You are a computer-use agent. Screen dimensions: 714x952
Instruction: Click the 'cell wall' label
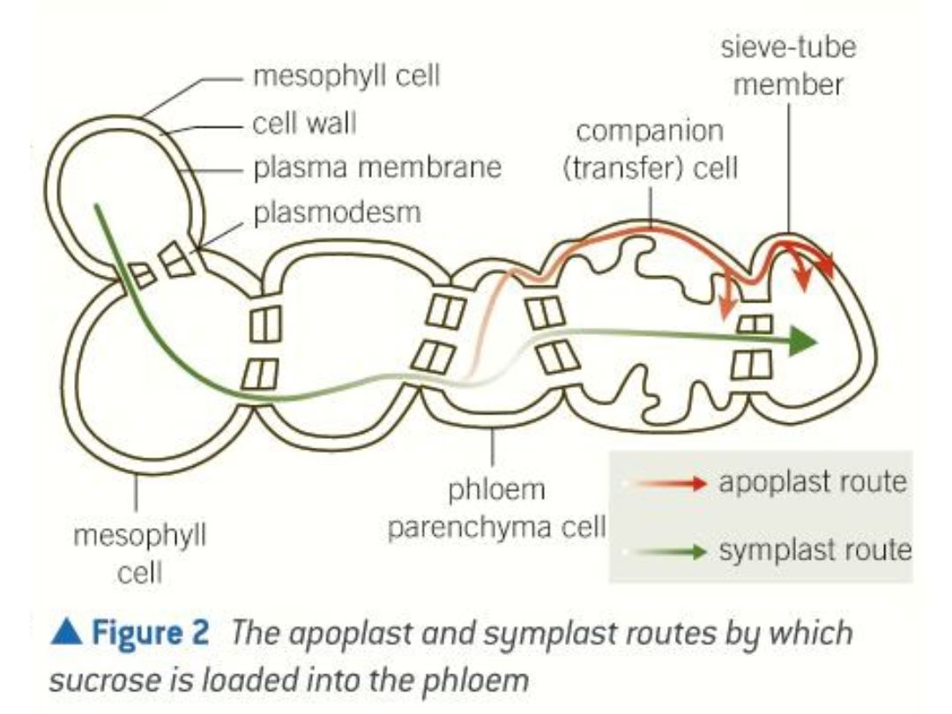coord(304,123)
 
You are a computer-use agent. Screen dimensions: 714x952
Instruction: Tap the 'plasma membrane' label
coord(377,167)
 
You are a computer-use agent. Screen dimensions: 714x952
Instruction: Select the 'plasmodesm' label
coord(337,212)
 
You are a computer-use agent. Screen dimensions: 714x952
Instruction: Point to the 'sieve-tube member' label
coord(788,66)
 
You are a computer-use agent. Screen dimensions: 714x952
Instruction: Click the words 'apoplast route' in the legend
coord(812,483)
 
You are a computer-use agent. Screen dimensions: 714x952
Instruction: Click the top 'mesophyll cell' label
coord(346,77)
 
